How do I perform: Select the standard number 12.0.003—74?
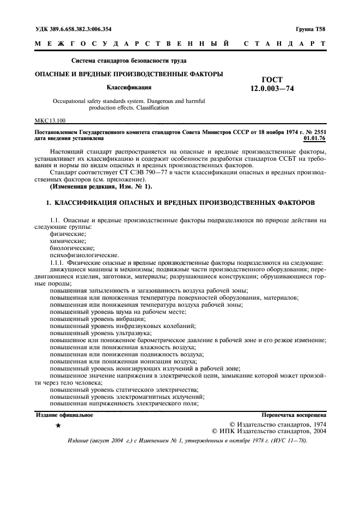(x=272, y=89)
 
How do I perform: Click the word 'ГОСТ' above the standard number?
(x=272, y=80)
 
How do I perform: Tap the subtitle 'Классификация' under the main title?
(x=129, y=87)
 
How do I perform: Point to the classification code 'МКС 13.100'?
(x=51, y=120)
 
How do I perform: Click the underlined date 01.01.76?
(x=314, y=138)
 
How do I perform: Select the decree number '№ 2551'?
(x=315, y=132)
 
